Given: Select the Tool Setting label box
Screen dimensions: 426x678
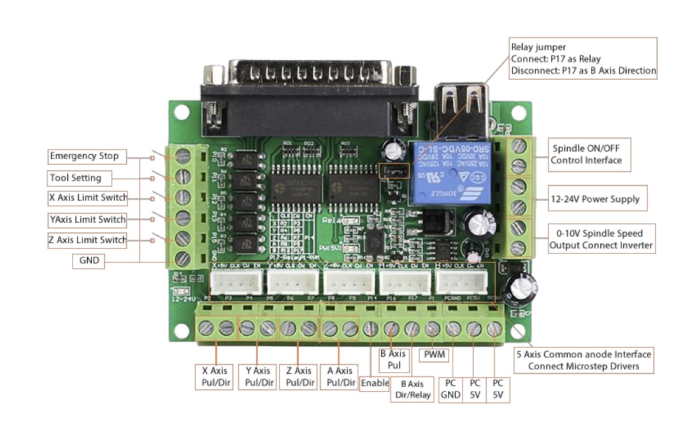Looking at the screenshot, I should pyautogui.click(x=80, y=178).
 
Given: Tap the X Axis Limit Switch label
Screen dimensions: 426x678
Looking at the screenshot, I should pyautogui.click(x=88, y=198).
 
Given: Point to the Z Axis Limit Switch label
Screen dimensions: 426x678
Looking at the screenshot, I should pyautogui.click(x=88, y=240).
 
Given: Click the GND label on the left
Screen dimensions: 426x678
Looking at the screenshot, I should pyautogui.click(x=89, y=260).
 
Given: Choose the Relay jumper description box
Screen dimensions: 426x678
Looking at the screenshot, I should pyautogui.click(x=582, y=58).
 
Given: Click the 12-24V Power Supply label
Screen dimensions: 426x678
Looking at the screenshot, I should pyautogui.click(x=594, y=199).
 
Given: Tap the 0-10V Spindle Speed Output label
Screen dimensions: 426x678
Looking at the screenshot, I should pyautogui.click(x=600, y=239).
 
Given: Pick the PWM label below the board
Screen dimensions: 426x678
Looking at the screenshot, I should pyautogui.click(x=434, y=356).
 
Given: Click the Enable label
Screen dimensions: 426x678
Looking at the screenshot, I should pyautogui.click(x=374, y=383).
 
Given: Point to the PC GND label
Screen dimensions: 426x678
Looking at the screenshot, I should pyautogui.click(x=451, y=389).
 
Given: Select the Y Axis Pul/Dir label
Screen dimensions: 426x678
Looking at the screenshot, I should pyautogui.click(x=257, y=377).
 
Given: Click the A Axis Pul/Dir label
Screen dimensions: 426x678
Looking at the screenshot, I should pyautogui.click(x=339, y=377).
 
